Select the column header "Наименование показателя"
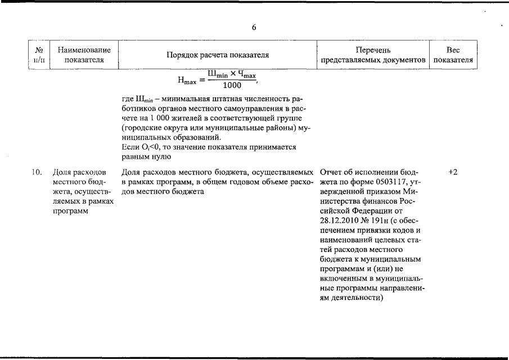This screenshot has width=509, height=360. click(84, 55)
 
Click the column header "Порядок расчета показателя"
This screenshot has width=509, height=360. click(217, 55)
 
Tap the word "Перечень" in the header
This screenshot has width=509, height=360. click(373, 50)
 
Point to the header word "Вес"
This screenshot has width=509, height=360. click(453, 50)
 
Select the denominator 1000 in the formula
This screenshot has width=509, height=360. click(232, 85)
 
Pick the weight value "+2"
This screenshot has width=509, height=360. click(453, 172)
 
